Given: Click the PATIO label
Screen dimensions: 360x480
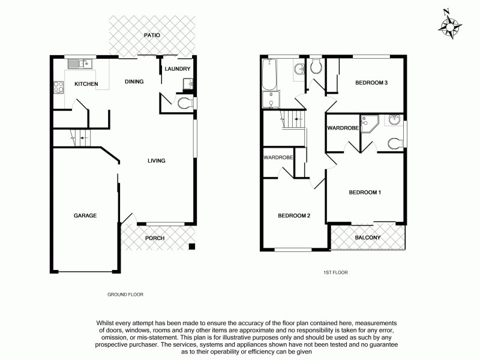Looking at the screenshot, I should coord(152,35).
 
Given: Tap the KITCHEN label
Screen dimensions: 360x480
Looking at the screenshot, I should coord(86,84).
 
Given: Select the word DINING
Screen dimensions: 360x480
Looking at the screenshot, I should coord(134,81).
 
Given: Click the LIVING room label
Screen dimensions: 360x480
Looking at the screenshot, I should coord(157,160).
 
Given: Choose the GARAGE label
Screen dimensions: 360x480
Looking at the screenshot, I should coord(85,215).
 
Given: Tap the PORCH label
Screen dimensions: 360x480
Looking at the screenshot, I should coord(155,238).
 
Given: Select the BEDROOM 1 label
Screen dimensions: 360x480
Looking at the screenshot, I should coord(365,193).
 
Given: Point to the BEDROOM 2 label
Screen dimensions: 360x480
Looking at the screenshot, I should coord(294,216).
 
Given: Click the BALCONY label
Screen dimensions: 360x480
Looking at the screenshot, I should coord(368,238).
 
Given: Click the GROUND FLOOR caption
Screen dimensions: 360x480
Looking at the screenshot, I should coord(125,295).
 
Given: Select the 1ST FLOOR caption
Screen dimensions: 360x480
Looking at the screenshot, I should coord(335,272).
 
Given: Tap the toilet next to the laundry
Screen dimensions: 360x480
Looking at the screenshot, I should coord(185,103).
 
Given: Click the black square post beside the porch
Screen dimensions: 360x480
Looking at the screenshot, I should coord(191,246).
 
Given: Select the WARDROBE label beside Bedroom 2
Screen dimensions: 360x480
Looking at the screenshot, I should coord(278,158).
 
